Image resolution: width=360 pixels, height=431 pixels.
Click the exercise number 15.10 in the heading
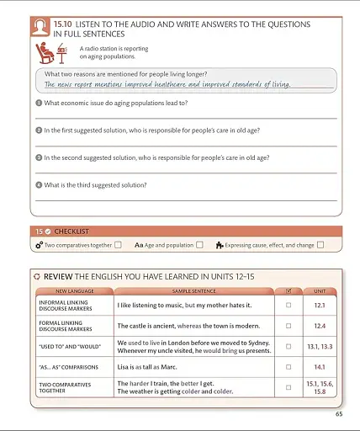tap(63, 24)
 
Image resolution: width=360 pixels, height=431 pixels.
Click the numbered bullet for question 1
tap(39, 103)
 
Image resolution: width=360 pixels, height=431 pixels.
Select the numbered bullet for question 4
tap(39, 184)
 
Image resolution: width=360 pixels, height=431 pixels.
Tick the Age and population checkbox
tap(199, 245)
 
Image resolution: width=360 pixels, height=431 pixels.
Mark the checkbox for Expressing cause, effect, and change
tap(320, 245)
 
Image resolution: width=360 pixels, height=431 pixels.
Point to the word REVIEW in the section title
tap(57, 276)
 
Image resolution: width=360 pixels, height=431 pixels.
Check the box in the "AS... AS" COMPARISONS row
tap(289, 367)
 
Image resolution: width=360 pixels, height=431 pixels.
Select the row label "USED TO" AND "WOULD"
tap(68, 346)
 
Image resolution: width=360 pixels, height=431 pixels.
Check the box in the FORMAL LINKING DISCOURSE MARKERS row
tap(289, 326)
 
